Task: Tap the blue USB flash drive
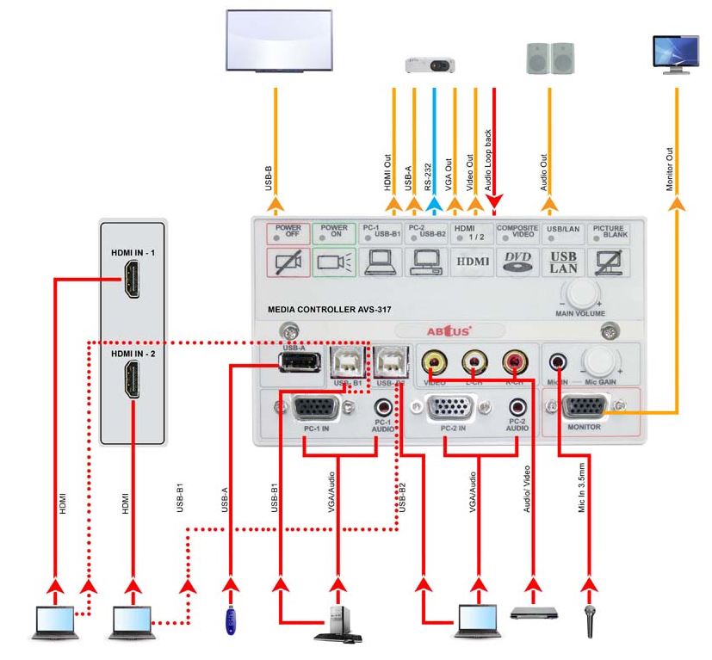click(x=231, y=620)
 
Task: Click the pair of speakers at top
click(x=549, y=57)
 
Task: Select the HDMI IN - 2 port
click(x=132, y=379)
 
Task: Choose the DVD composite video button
click(x=517, y=262)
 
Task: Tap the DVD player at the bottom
click(x=534, y=613)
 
